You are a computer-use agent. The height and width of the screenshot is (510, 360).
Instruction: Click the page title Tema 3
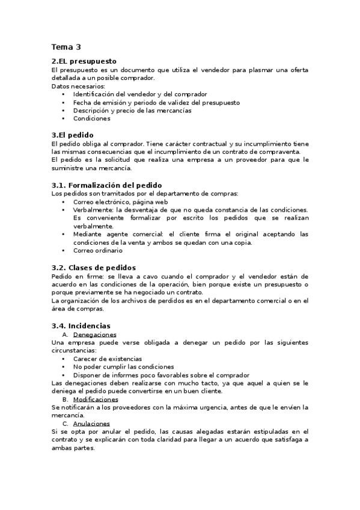[66, 47]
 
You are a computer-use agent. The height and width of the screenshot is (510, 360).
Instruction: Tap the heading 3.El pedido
[73, 135]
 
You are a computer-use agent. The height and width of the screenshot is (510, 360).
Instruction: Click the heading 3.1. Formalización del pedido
[107, 185]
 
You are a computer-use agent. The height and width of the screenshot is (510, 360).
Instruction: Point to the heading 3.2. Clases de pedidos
[94, 267]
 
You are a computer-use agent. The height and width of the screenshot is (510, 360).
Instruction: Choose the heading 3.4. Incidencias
[81, 325]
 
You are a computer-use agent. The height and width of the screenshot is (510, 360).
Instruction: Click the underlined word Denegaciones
[94, 334]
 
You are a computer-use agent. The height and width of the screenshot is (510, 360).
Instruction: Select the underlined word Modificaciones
[96, 399]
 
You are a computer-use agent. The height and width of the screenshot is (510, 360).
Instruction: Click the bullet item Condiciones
[92, 118]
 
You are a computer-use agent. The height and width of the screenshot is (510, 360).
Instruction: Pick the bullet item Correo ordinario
[98, 250]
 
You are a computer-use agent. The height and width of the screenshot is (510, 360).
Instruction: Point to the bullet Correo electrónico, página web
[120, 202]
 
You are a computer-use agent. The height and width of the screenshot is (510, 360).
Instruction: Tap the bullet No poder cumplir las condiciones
[124, 366]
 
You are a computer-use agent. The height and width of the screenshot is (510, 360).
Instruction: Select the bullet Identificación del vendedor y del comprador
[140, 94]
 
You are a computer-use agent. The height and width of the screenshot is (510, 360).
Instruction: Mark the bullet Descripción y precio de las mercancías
[132, 111]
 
